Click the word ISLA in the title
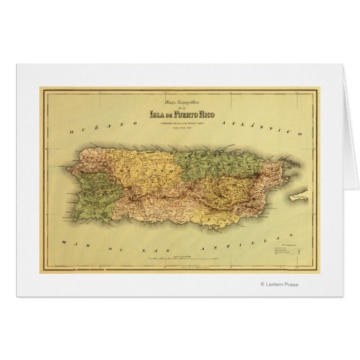tap(156, 113)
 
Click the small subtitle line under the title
tap(181, 123)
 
